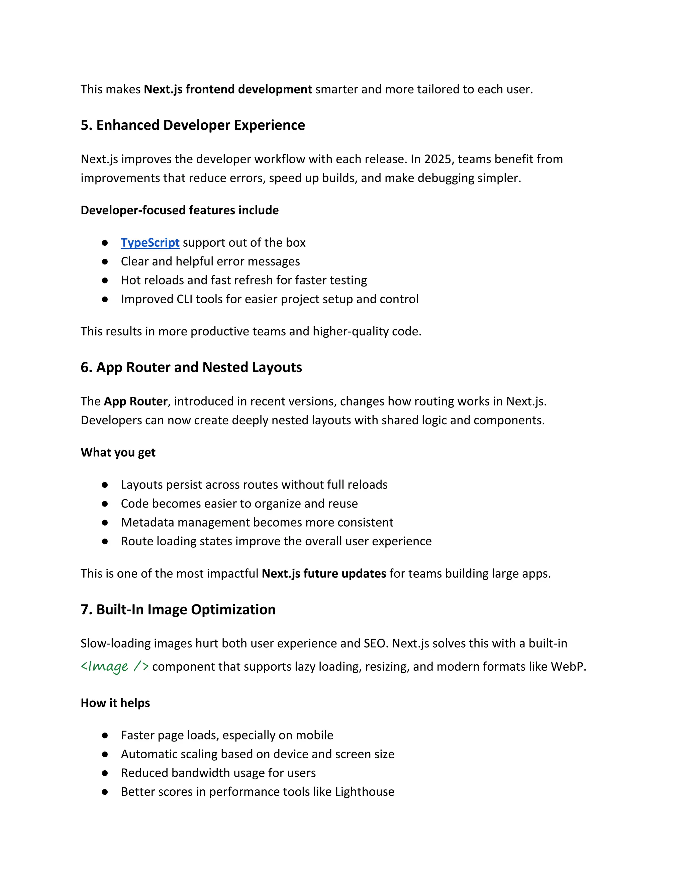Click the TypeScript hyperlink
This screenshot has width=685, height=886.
click(150, 243)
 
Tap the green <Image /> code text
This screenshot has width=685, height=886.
click(114, 667)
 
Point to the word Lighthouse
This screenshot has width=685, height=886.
click(365, 791)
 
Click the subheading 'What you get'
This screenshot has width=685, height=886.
click(118, 452)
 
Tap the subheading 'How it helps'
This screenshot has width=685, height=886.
click(115, 703)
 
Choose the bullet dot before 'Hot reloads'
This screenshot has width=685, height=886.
click(105, 280)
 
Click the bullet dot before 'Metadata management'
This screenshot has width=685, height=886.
click(105, 523)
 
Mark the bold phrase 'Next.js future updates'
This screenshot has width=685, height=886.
click(324, 574)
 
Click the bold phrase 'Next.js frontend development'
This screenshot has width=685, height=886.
click(228, 89)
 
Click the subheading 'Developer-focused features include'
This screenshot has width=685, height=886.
click(179, 210)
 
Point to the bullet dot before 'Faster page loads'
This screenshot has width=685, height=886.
click(105, 736)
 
